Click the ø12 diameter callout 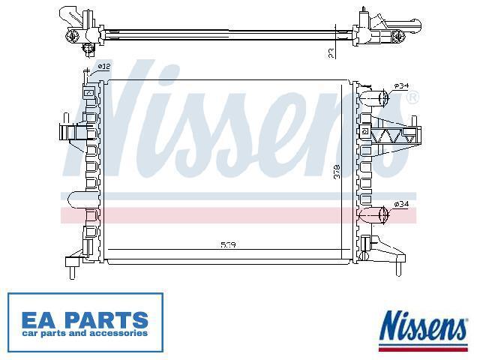click(103, 67)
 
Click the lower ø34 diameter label click(402, 204)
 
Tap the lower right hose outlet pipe click(376, 216)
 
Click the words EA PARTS click(85, 319)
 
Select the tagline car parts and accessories click(85, 333)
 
